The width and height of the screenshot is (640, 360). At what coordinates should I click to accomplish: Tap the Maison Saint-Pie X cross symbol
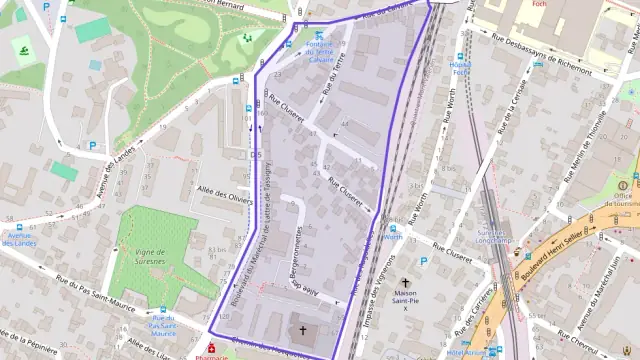[405, 283]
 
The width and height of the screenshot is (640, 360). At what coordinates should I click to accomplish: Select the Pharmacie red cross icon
[211, 347]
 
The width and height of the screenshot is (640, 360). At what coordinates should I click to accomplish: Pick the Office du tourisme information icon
[622, 185]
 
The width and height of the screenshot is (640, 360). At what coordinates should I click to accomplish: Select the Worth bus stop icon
[392, 228]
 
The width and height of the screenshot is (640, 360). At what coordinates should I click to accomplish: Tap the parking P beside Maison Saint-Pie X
[423, 261]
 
